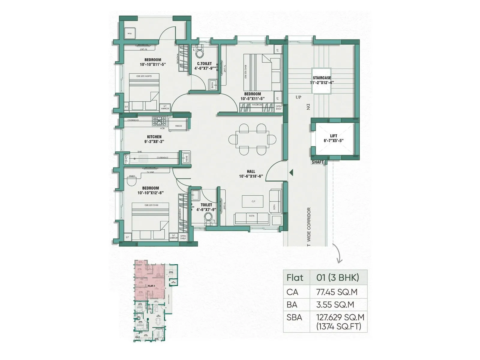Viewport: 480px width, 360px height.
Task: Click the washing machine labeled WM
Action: [130, 34]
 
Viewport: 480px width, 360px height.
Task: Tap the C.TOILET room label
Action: [204, 64]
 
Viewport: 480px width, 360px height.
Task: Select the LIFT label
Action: [334, 136]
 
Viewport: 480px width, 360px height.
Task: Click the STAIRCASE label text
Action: [322, 78]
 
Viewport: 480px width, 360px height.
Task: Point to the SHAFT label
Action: [318, 162]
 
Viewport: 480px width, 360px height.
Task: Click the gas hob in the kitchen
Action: [159, 121]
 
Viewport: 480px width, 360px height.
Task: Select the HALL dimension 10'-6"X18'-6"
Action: [251, 176]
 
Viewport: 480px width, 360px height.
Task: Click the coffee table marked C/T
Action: [253, 201]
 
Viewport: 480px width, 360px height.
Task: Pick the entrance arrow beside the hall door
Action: [291, 172]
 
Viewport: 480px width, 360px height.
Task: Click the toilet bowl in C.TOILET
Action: [199, 53]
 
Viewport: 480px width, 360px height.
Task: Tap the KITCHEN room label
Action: [154, 137]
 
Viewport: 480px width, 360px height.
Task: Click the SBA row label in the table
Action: [294, 317]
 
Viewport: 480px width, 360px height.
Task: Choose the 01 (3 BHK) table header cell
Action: [337, 277]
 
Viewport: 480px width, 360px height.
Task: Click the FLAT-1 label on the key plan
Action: [151, 286]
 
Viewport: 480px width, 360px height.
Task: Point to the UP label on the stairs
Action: [298, 97]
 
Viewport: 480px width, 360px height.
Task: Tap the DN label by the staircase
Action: [308, 107]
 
